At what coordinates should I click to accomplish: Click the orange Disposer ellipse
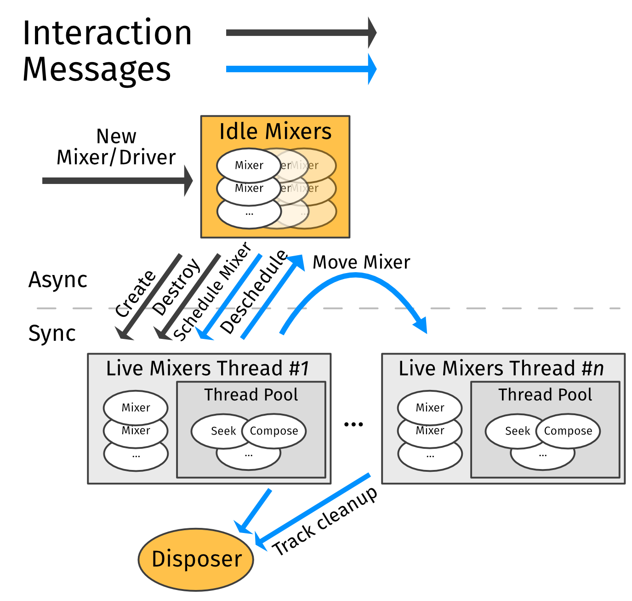[196, 559]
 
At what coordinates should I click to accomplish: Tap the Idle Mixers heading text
[275, 132]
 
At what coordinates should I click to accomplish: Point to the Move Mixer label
[361, 262]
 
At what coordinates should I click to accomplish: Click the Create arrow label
[135, 293]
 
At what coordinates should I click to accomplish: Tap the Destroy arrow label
[176, 287]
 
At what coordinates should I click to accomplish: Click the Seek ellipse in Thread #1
[221, 431]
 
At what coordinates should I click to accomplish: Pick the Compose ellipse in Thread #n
[568, 431]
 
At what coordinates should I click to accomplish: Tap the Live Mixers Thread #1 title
[208, 369]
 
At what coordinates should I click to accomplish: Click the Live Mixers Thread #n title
[501, 369]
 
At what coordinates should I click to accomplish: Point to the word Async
[58, 280]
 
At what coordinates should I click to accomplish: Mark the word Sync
[52, 333]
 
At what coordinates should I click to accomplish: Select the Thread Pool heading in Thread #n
[545, 395]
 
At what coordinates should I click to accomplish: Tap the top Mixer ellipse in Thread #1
[136, 407]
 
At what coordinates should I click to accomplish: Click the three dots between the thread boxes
[353, 424]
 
